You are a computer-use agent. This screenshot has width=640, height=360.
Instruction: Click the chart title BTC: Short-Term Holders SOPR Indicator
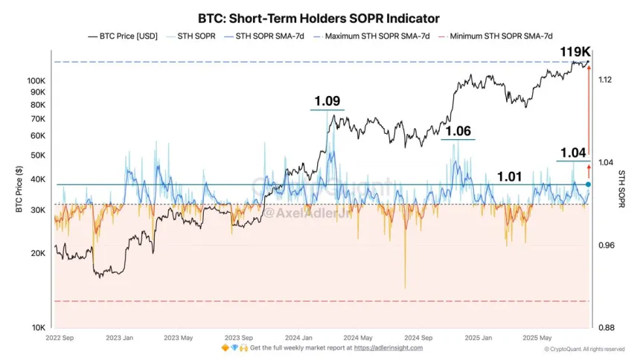[319, 17]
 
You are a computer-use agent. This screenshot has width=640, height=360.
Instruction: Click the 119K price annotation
[575, 52]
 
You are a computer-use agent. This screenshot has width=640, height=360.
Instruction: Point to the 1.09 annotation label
[327, 100]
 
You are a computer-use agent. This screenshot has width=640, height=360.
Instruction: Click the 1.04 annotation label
[573, 152]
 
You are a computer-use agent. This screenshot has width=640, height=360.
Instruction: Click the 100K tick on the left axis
[36, 80]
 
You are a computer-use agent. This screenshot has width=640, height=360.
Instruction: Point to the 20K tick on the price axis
[38, 253]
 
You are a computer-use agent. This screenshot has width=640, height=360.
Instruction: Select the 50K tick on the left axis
[38, 155]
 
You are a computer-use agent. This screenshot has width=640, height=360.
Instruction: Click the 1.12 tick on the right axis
[605, 80]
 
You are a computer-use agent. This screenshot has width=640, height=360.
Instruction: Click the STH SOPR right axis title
[621, 187]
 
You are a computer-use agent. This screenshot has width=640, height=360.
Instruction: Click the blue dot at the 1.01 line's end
[588, 184]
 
